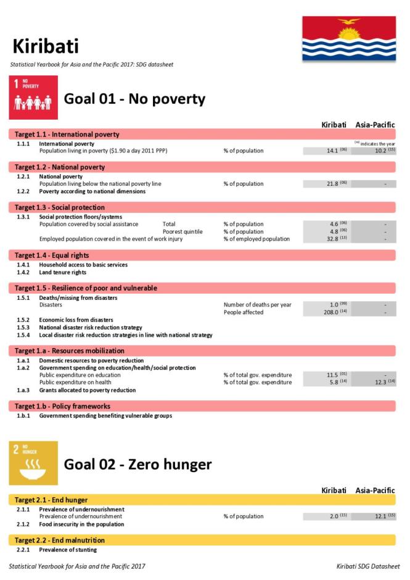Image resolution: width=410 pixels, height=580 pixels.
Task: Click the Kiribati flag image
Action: tap(348, 38)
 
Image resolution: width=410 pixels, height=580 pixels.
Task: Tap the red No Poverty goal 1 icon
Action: tap(33, 97)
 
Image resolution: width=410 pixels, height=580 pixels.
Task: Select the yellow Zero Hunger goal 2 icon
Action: tap(33, 463)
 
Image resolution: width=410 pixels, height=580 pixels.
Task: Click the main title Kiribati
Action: tap(45, 46)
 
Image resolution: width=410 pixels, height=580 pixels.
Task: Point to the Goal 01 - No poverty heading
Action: tap(134, 99)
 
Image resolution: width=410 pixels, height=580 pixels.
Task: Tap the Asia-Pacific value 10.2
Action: tap(375, 151)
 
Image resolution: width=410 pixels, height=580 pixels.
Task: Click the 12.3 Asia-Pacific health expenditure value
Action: tap(375, 383)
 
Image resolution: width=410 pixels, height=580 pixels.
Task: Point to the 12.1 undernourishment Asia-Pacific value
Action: tap(375, 516)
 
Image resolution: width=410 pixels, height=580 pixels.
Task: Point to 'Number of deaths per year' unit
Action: tap(257, 305)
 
